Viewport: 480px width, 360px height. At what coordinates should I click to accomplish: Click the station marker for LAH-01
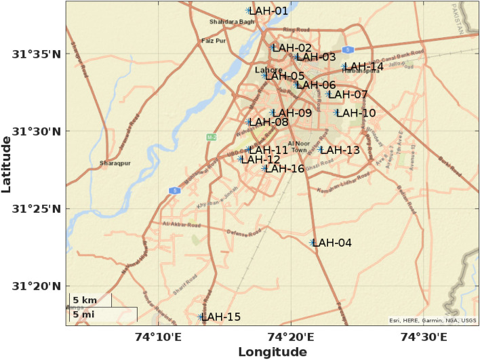[249, 11]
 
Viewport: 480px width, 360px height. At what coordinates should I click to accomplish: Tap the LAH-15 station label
[221, 317]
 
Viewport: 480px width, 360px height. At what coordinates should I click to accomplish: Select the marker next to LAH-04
[313, 243]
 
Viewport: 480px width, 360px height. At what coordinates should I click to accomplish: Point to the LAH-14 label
[365, 66]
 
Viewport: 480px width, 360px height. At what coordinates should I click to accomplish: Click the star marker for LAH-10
[336, 113]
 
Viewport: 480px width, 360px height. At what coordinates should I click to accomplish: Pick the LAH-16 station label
[285, 168]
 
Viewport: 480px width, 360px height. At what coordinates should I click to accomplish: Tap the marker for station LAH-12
[241, 159]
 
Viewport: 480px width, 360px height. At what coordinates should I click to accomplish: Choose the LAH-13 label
[340, 150]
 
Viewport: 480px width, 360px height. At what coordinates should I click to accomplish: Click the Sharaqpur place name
[113, 163]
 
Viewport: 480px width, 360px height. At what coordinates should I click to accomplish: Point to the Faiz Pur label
[213, 41]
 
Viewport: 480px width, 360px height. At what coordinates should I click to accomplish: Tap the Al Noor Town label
[298, 146]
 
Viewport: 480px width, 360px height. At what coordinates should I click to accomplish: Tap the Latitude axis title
[7, 163]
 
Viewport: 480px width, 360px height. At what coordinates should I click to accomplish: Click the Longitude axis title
[272, 352]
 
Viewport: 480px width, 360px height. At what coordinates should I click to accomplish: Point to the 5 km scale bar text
[85, 300]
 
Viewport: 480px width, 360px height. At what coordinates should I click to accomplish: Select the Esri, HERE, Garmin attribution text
[432, 321]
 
